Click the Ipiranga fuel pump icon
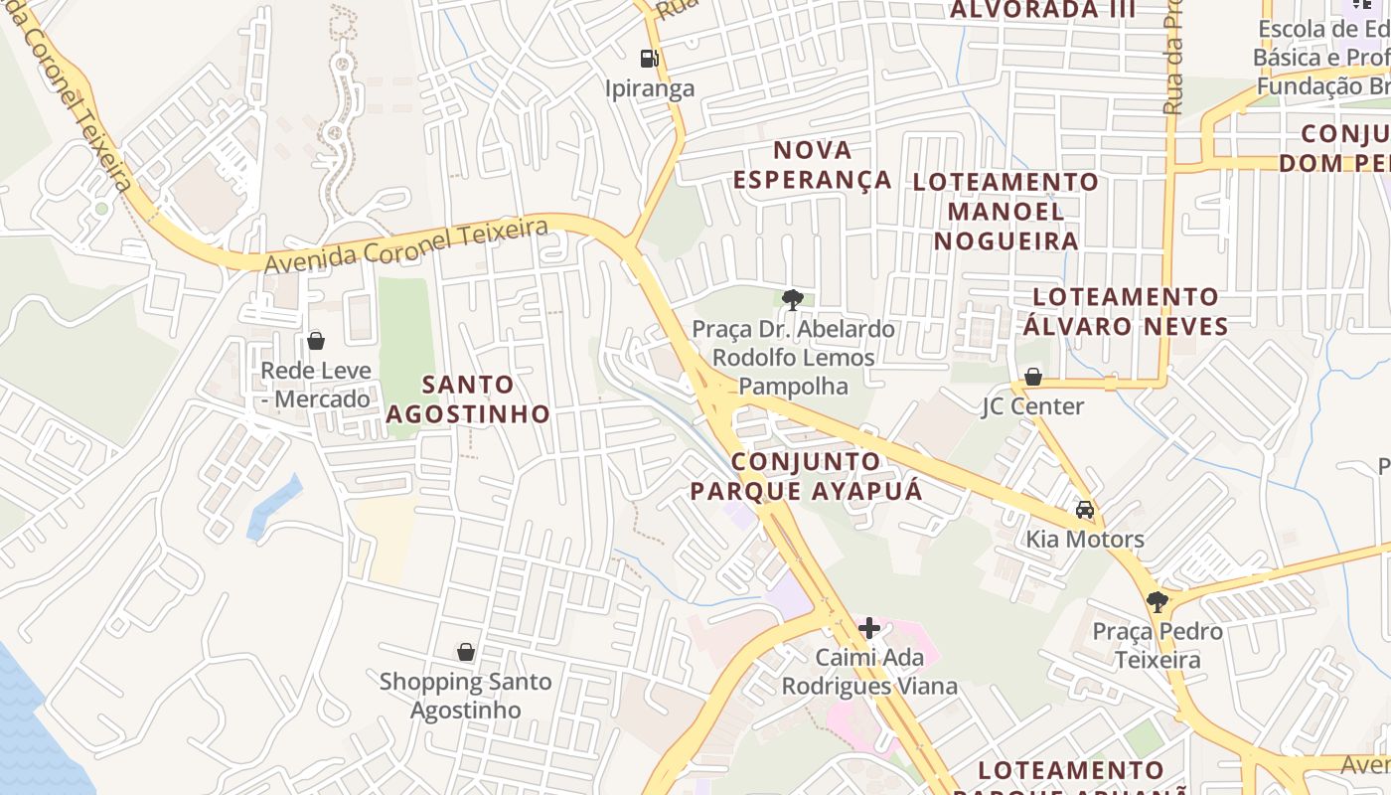(649, 59)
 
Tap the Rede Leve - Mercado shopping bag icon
(316, 341)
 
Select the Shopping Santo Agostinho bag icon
(465, 652)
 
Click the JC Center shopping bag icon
(1032, 377)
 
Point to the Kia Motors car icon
(1085, 510)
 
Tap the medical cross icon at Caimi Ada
(869, 627)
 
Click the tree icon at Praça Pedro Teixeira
(1157, 601)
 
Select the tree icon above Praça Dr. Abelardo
(792, 298)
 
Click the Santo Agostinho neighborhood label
(468, 398)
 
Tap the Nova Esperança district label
(813, 165)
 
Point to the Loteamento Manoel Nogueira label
(1005, 211)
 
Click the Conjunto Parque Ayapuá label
(806, 476)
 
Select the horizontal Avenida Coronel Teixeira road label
(406, 246)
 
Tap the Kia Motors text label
(1085, 540)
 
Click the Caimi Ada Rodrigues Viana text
(869, 672)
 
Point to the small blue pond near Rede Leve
(274, 507)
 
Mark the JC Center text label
(1032, 406)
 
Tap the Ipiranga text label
(650, 88)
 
